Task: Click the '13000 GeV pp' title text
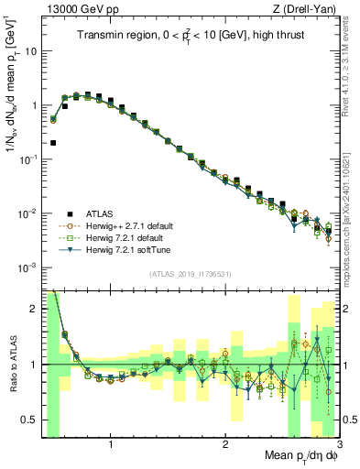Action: tap(76, 8)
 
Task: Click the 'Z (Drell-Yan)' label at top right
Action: tap(308, 8)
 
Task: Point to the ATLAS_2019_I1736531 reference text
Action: tap(191, 274)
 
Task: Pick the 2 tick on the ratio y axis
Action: tap(32, 309)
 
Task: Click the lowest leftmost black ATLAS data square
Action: tap(53, 143)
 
